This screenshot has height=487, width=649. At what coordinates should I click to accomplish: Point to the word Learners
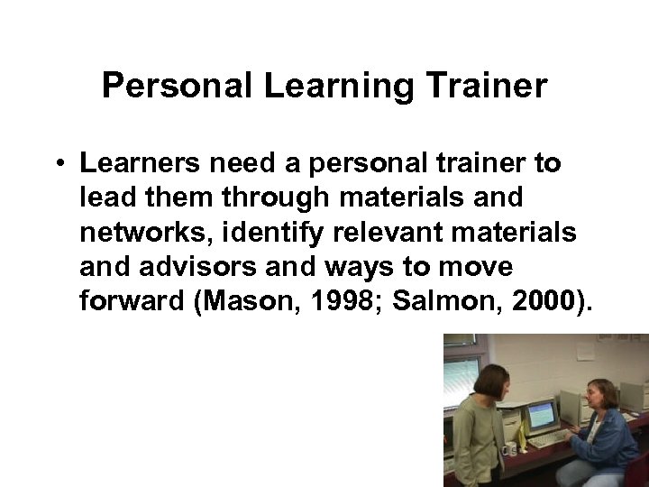[x=138, y=164]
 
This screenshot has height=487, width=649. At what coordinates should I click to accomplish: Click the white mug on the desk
[x=511, y=447]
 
